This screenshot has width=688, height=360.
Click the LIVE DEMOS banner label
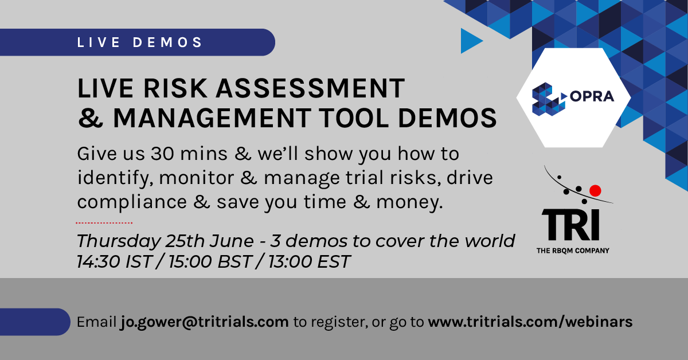point(140,42)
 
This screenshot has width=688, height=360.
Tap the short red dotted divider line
point(104,222)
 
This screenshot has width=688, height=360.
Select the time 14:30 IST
point(115,261)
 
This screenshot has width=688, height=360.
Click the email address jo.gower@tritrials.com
point(205,322)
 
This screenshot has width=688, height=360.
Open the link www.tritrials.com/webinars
point(530,322)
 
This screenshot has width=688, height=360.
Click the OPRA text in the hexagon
point(592,96)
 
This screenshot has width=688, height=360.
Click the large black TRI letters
point(570,225)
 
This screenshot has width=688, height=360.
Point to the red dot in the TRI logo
point(595,189)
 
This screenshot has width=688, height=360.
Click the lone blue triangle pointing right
point(471,41)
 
